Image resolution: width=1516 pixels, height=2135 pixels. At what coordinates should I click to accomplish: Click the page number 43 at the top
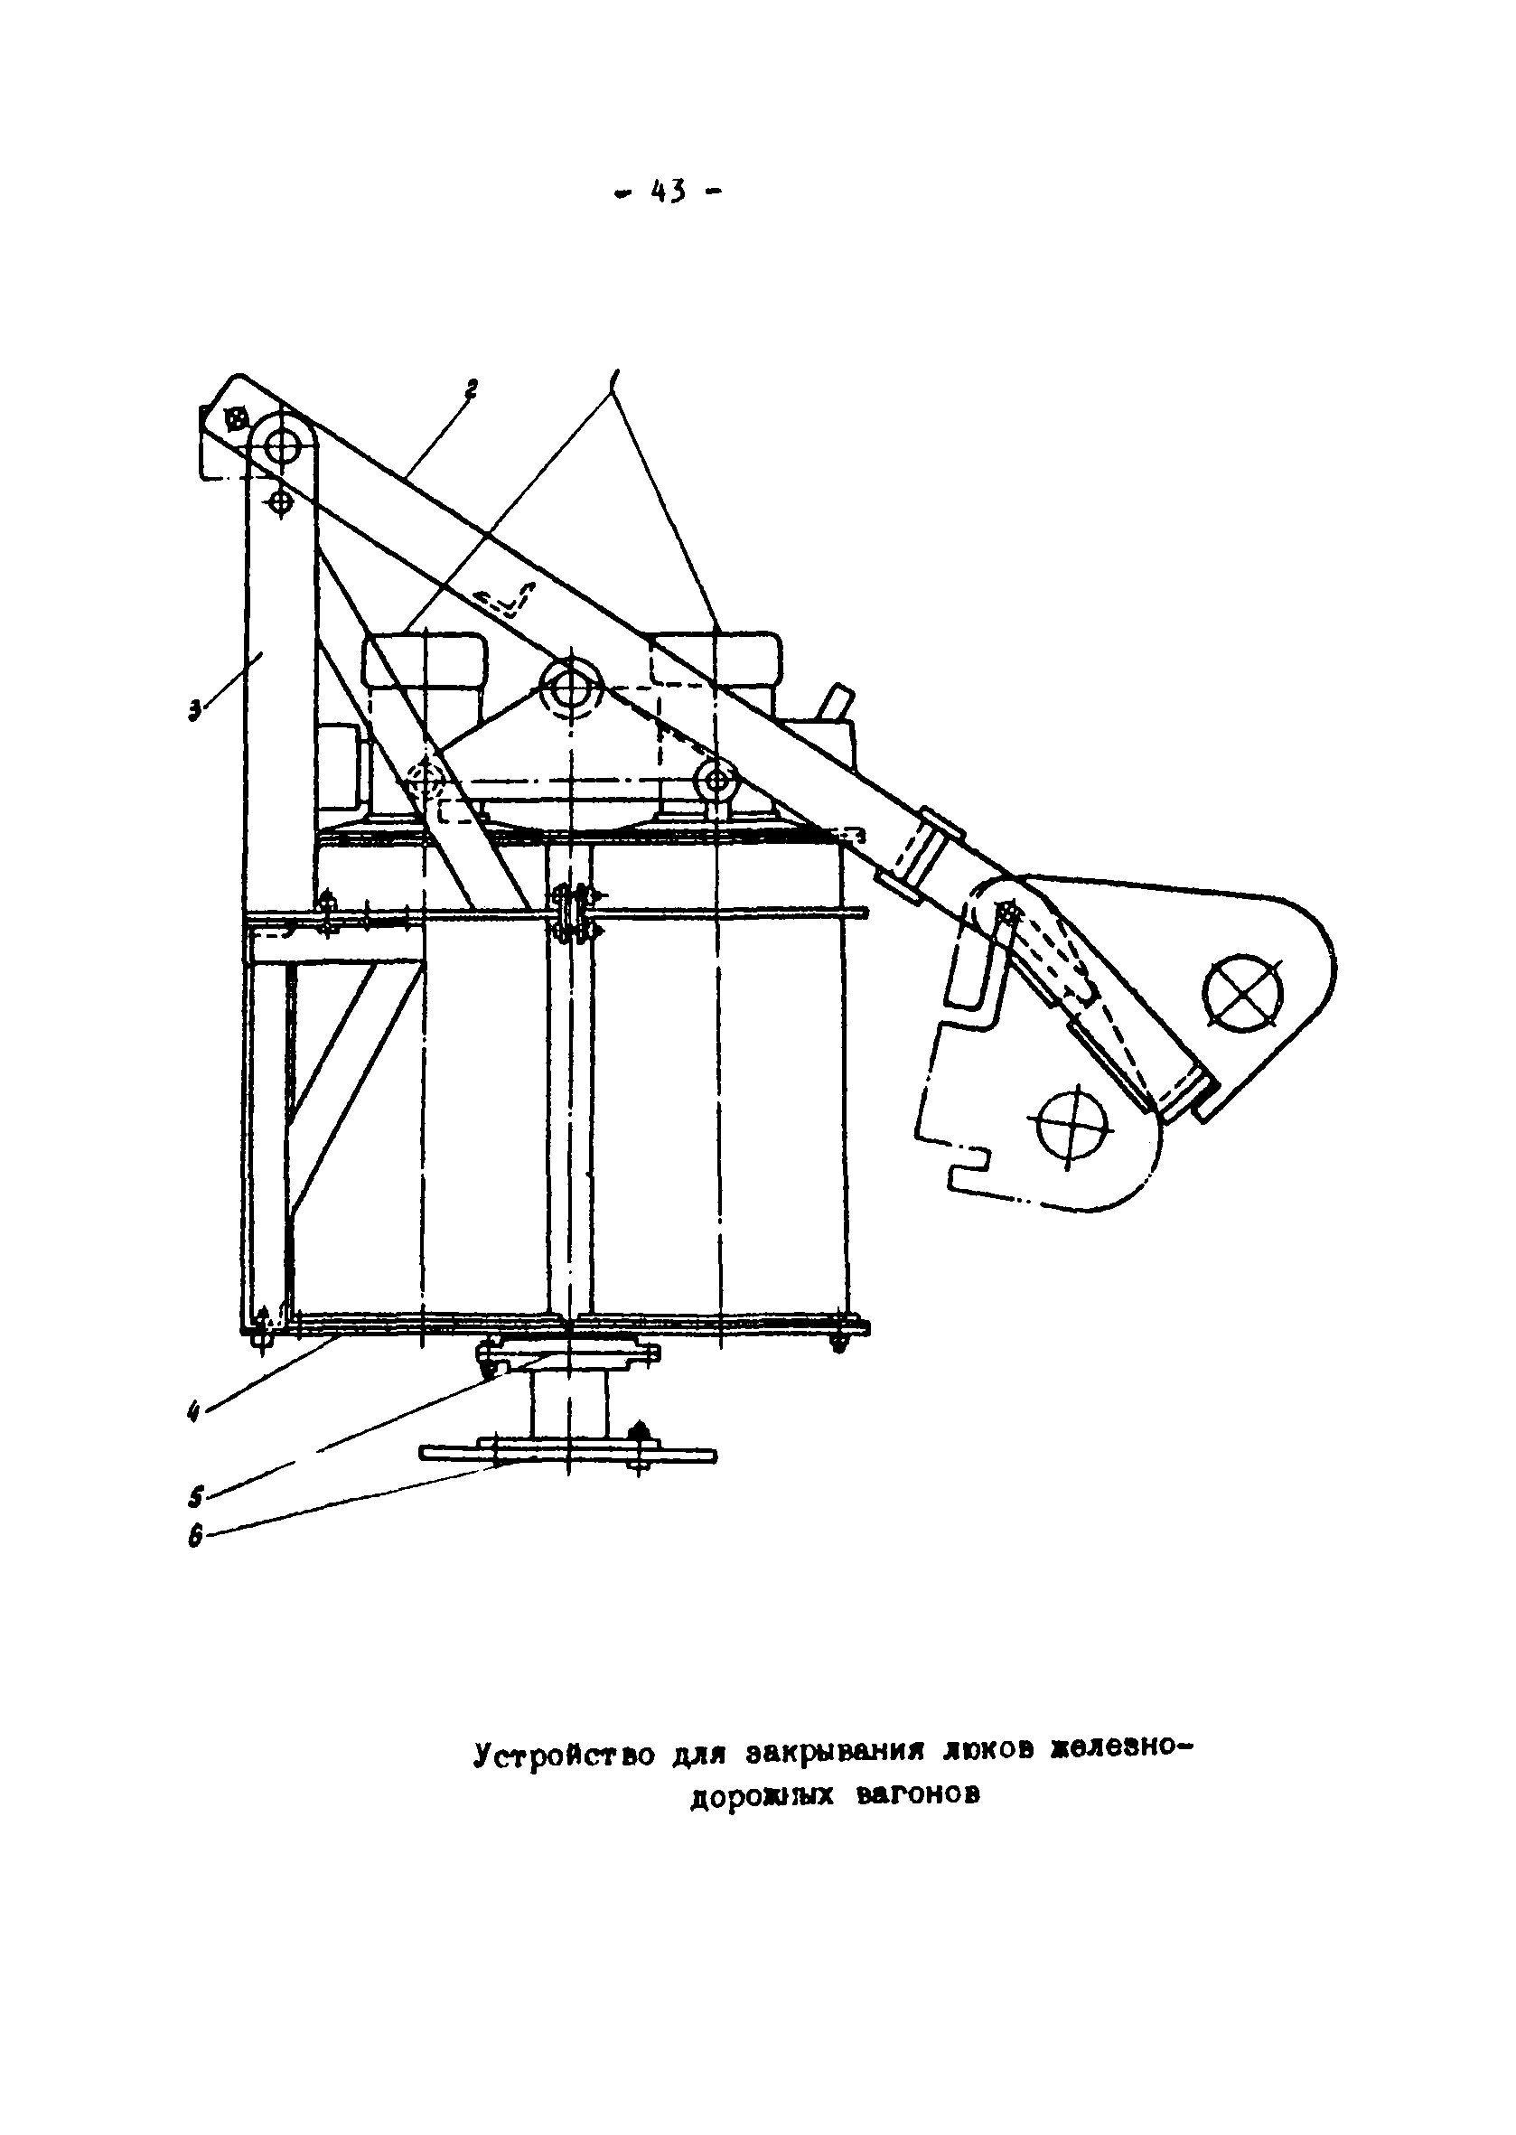[x=669, y=192]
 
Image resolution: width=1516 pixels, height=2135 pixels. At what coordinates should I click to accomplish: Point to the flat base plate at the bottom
[x=567, y=1455]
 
